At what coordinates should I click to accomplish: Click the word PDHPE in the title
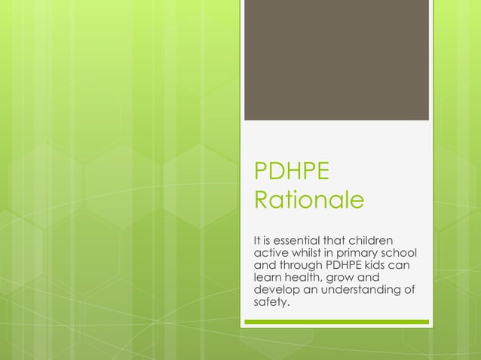[x=292, y=171]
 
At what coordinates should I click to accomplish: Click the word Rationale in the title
[x=309, y=201]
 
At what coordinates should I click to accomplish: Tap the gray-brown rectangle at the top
[x=335, y=60]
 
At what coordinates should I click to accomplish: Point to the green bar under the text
[x=335, y=322]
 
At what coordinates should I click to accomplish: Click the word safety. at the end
[x=272, y=303]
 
